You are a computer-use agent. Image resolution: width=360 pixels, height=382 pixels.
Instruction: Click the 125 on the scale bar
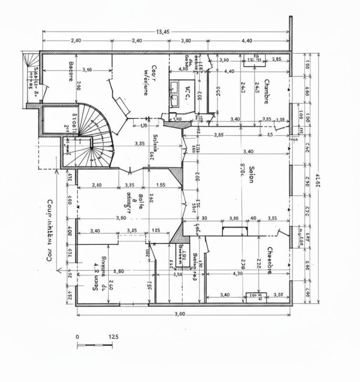coord(113,337)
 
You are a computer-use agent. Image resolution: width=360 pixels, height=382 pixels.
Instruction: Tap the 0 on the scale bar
coord(77,337)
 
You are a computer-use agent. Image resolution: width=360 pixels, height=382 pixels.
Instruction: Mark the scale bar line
coord(95,344)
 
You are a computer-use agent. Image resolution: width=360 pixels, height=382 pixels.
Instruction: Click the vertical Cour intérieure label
coord(49,230)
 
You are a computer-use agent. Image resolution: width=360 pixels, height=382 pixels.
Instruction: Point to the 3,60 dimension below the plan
coord(180,314)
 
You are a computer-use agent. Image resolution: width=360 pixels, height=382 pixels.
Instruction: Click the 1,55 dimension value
coord(160,185)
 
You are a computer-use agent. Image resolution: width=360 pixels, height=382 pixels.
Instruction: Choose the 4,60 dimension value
coord(118,272)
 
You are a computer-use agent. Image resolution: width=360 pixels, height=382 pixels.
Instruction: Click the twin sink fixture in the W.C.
coord(175,93)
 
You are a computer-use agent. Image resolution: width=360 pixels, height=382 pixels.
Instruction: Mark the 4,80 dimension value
coord(182,69)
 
